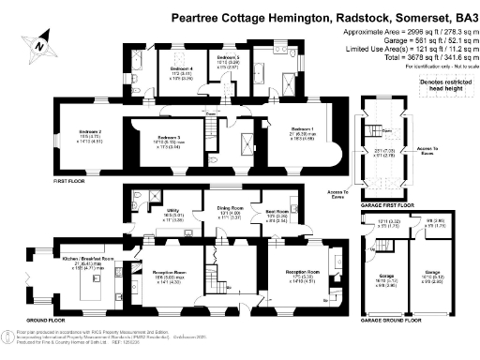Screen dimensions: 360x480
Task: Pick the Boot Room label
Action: [277, 212]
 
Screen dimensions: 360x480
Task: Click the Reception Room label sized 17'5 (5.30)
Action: [303, 272]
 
